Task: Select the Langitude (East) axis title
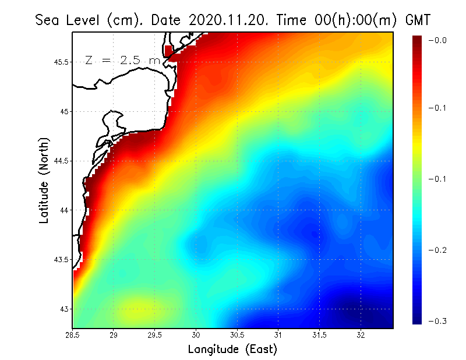point(232,350)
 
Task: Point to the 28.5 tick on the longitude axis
point(73,334)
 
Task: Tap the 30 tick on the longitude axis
point(196,334)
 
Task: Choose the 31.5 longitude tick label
point(320,334)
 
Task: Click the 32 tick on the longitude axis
point(361,334)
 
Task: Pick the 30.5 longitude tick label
point(237,334)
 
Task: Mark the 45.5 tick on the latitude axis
point(62,62)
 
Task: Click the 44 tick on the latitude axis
point(64,210)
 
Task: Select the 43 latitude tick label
point(64,309)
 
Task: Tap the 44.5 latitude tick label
point(62,161)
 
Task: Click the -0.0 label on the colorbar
point(437,40)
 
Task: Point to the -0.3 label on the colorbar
point(437,321)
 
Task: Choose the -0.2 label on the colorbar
point(437,250)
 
